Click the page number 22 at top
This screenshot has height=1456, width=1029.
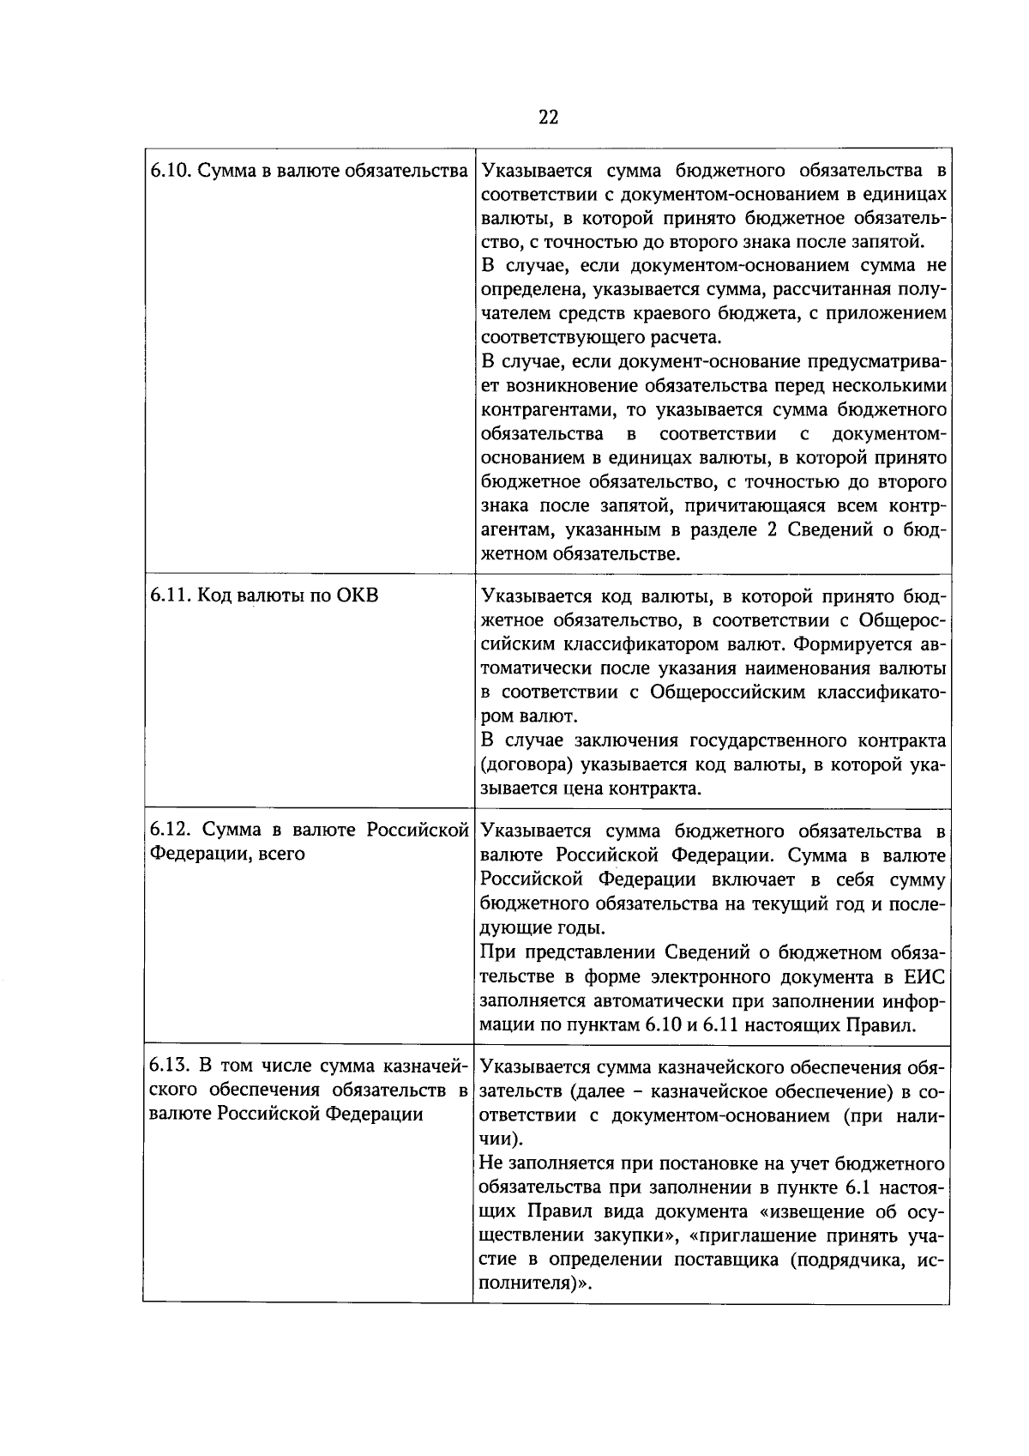tap(549, 118)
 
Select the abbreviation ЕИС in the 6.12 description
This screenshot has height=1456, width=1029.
tap(925, 976)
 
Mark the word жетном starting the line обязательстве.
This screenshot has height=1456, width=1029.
tap(513, 553)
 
